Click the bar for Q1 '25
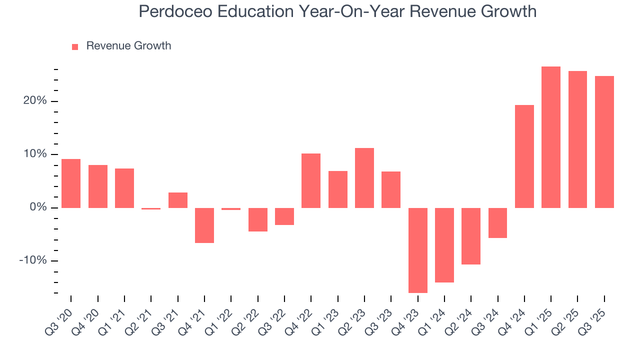[551, 137]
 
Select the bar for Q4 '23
[417, 250]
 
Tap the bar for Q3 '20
[71, 183]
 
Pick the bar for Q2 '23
[364, 177]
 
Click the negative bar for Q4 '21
[204, 225]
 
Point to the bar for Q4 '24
[524, 156]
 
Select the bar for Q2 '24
[471, 236]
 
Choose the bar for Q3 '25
[604, 141]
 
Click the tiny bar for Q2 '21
[151, 208]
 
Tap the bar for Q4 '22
[311, 180]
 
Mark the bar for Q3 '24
[497, 222]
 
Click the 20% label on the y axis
[33, 101]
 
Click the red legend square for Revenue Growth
[75, 46]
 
